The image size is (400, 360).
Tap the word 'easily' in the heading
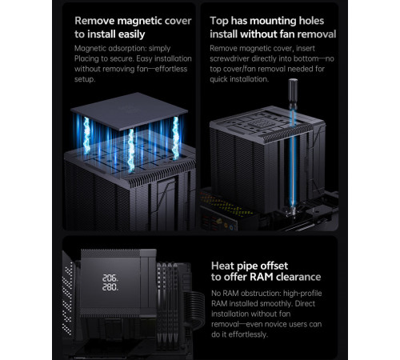point(131,34)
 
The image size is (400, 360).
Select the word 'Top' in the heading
point(219,21)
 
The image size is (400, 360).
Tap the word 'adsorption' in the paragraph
point(127,49)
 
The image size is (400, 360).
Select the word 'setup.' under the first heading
point(85,79)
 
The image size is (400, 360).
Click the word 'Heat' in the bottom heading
point(222,266)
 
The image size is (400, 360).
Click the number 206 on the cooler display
point(110,278)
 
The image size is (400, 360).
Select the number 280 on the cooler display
point(110,287)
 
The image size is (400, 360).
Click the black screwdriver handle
point(293,94)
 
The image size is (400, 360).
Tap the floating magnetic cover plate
point(130,111)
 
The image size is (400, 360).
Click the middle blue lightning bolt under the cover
point(131,150)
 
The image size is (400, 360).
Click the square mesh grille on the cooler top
point(258,124)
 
